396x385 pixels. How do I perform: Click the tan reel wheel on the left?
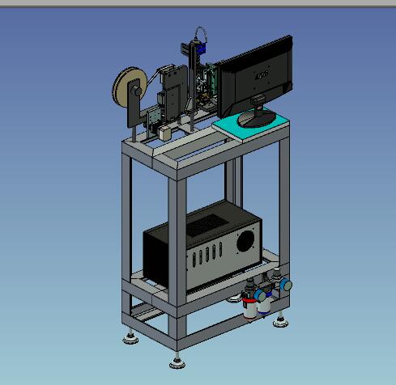tap(126, 87)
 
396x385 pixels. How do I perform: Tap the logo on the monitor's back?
tap(261, 76)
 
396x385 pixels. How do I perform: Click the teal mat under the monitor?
tap(243, 124)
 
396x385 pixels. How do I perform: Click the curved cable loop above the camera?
tap(195, 33)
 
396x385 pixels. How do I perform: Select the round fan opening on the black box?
tap(245, 240)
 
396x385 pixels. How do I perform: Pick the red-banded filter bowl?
tap(249, 305)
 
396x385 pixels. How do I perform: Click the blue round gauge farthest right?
tap(284, 285)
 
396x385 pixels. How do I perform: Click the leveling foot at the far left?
tap(130, 336)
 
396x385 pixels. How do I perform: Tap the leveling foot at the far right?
tap(280, 320)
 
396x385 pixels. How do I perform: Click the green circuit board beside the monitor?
tap(209, 80)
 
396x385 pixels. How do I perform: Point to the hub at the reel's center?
tap(130, 90)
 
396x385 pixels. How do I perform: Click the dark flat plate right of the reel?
tap(172, 81)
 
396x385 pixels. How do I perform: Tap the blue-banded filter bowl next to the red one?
tap(263, 304)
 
